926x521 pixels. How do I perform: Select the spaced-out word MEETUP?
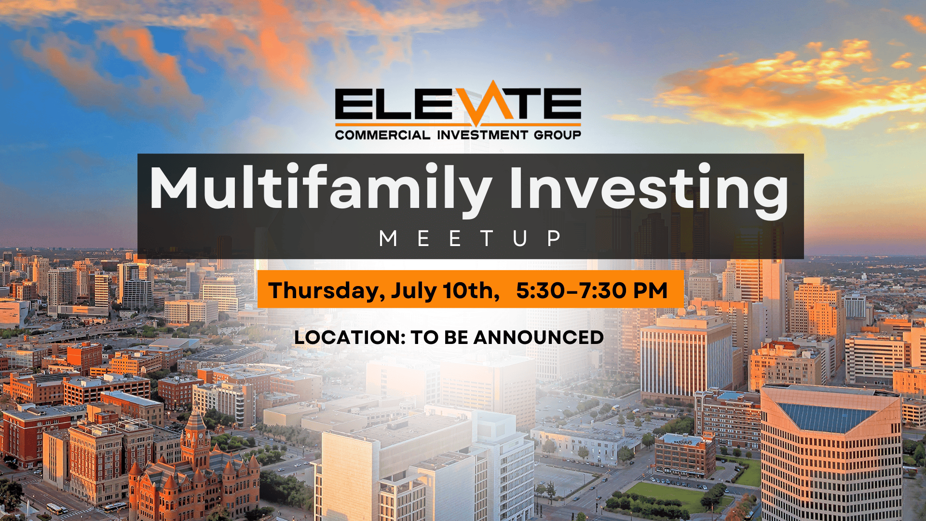[470, 238]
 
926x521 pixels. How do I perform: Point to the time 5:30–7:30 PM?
[592, 290]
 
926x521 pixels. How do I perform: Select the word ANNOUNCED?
[539, 338]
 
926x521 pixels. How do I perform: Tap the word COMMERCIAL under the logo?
[382, 135]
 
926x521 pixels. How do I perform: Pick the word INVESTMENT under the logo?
[482, 135]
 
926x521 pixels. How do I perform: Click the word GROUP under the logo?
[557, 135]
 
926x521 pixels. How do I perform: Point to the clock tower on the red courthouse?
[195, 437]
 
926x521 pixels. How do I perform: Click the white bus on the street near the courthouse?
[54, 508]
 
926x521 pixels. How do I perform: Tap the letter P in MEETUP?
[554, 238]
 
